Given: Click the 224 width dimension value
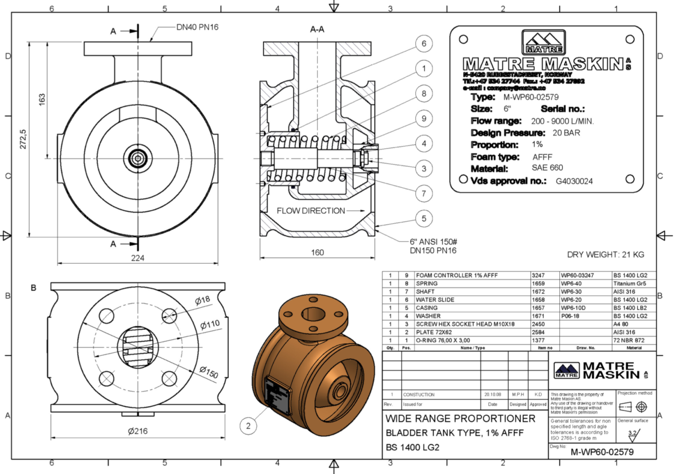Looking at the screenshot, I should click(138, 258).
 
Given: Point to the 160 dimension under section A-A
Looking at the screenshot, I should click(318, 252).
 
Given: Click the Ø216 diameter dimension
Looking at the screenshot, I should click(137, 431).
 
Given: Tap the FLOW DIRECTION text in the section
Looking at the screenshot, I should click(310, 211).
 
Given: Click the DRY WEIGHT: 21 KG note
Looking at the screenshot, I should click(605, 255).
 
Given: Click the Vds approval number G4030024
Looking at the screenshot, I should click(574, 181).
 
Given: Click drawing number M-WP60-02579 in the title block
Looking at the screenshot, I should click(602, 452).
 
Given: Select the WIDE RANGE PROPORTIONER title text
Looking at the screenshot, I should click(460, 419).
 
